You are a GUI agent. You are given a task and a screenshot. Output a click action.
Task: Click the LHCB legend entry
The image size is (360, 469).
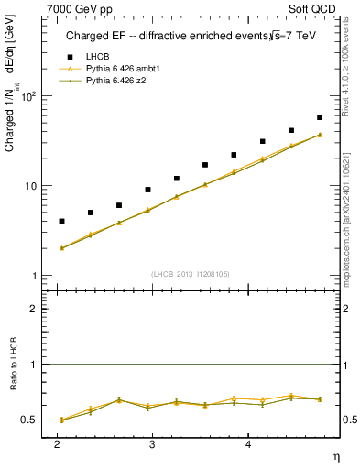point(96,56)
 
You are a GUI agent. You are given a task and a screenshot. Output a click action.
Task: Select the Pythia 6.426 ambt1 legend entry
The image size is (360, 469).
point(122,69)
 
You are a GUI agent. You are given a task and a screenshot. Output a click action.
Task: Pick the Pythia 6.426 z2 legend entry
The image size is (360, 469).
point(116,82)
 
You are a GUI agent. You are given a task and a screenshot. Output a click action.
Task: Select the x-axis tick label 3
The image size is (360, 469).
point(152,443)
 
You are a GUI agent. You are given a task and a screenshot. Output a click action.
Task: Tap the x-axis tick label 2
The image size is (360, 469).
point(57,443)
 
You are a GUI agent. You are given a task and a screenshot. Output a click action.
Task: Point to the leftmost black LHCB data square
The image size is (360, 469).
point(61,221)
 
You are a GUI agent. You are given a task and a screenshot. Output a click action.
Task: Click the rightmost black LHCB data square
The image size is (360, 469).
point(320,117)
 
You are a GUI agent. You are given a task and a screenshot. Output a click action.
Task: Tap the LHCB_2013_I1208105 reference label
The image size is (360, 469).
point(191,274)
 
